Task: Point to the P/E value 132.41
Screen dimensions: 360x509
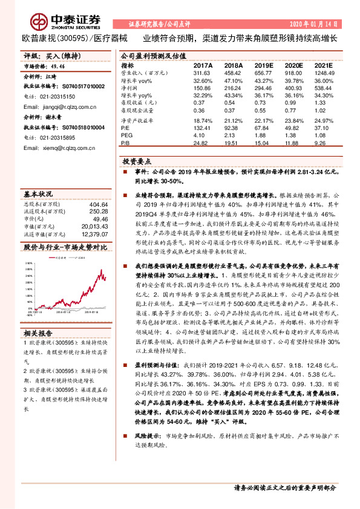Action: point(203,128)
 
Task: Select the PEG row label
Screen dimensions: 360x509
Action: point(126,135)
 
